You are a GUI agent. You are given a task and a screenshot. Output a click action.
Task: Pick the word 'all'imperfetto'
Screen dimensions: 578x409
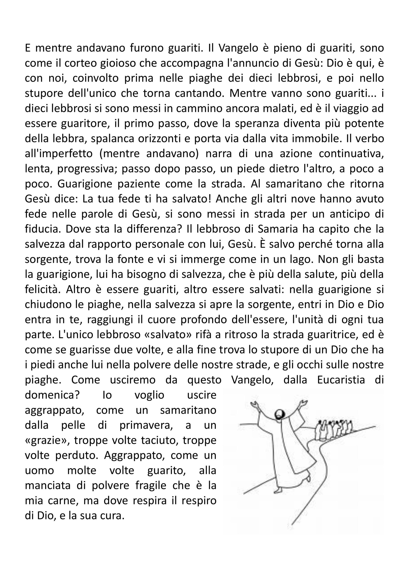[59, 154]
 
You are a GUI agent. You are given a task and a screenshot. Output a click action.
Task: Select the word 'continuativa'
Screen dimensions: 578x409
[351, 154]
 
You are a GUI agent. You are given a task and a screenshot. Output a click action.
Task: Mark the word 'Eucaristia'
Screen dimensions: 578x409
[341, 380]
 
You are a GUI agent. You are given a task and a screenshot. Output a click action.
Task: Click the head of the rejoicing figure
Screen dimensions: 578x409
[280, 414]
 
